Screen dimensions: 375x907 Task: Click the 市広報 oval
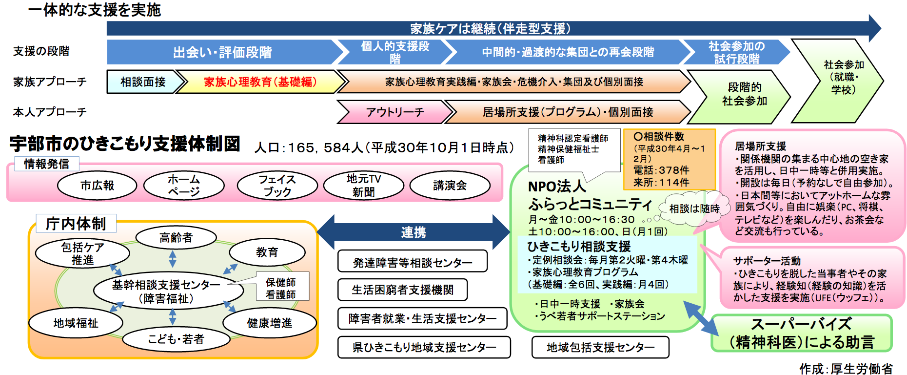97,186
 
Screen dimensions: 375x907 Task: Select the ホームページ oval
184,186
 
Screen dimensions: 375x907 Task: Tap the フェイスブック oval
277,186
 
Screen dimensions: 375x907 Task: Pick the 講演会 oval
450,186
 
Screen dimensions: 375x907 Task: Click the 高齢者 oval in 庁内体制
176,238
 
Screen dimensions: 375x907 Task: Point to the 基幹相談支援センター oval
168,291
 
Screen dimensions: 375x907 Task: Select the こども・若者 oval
176,339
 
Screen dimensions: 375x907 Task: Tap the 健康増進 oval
269,323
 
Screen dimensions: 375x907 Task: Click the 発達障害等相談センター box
412,262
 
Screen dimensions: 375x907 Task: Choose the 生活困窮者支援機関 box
402,290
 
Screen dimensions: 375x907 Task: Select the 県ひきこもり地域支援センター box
424,347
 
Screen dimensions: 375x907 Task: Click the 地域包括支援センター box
600,347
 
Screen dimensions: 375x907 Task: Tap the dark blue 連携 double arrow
413,232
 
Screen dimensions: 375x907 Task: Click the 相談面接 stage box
142,82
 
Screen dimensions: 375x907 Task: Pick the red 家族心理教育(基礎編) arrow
260,82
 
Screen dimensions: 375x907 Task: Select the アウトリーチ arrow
394,112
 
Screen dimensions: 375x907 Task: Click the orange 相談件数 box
669,159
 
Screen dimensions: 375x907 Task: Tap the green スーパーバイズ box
801,333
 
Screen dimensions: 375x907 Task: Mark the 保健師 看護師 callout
281,288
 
